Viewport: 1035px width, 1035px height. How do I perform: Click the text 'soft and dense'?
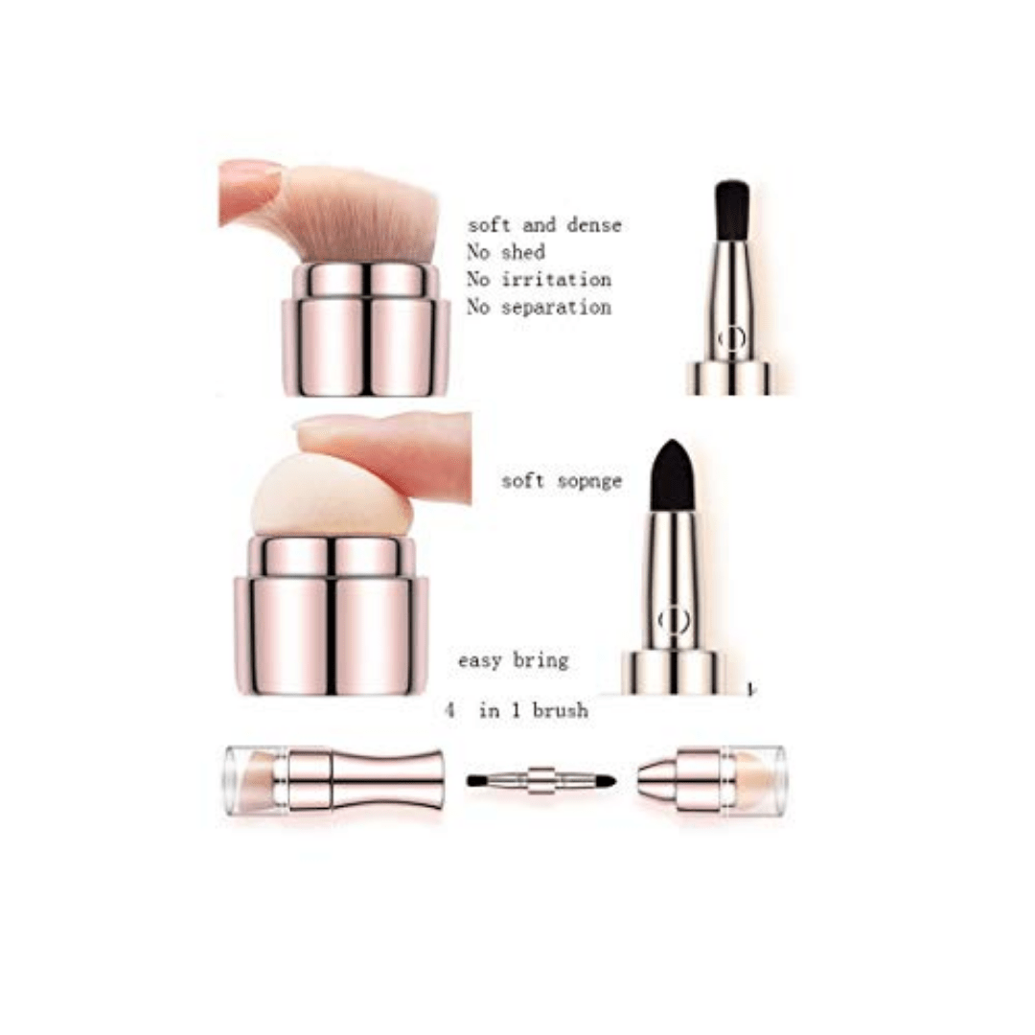[x=544, y=225]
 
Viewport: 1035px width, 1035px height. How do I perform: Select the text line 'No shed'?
[x=506, y=253]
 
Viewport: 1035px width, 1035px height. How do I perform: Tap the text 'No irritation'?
[x=539, y=280]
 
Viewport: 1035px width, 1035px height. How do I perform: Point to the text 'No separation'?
[x=539, y=308]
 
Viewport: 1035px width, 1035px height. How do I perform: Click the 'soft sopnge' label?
[x=562, y=481]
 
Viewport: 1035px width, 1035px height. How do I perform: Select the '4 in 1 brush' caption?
[x=517, y=711]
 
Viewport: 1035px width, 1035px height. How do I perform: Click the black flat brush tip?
[x=732, y=210]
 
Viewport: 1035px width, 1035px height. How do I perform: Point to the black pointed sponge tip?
[x=672, y=477]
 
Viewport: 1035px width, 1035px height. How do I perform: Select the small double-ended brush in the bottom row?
[x=541, y=780]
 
